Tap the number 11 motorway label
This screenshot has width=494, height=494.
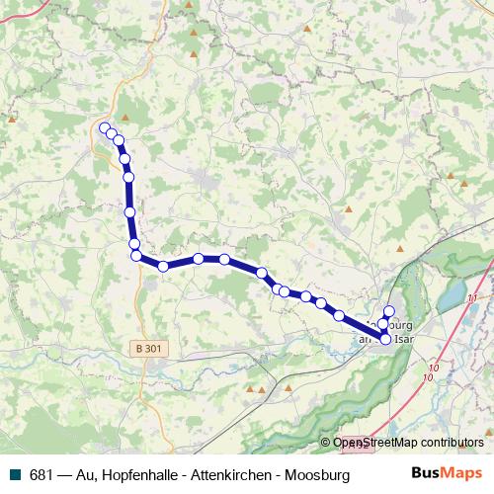tap(473, 297)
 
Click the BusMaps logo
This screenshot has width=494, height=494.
tap(449, 474)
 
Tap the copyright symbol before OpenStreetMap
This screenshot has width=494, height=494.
tap(326, 444)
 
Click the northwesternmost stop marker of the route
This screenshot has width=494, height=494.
tap(104, 127)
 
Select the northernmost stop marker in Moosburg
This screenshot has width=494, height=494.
tap(389, 312)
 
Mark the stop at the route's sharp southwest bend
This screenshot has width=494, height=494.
tap(136, 256)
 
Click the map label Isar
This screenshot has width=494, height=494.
tap(404, 338)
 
